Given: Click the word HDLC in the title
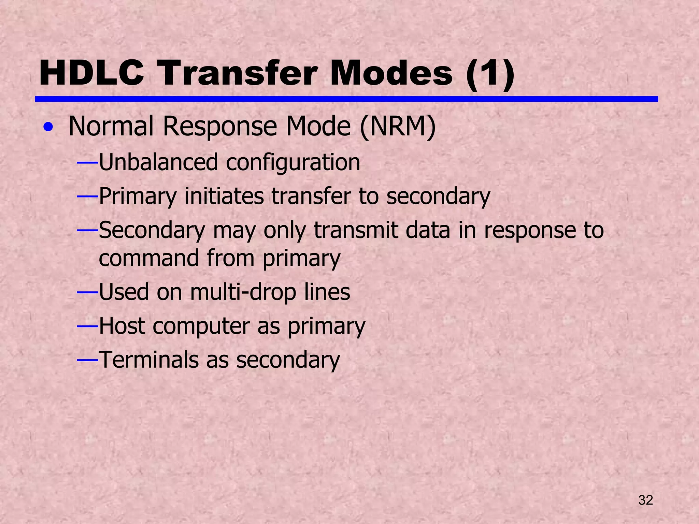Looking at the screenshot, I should click(91, 73).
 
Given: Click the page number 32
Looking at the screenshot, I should click(645, 500).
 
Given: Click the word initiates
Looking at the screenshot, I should click(224, 196).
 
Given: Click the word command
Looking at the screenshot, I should click(149, 258).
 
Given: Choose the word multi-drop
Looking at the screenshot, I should click(243, 293).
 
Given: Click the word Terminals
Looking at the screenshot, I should click(149, 360).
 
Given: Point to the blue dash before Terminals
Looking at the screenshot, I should click(88, 360).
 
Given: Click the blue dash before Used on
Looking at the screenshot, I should click(88, 292).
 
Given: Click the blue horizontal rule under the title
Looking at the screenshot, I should click(346, 99).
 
